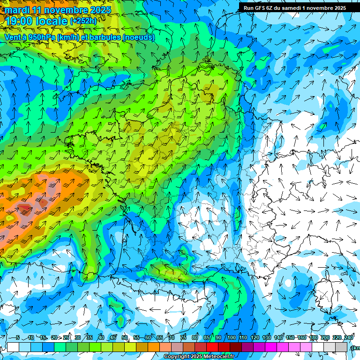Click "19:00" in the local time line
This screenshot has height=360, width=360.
(x=18, y=21)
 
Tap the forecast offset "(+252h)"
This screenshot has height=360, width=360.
(x=83, y=21)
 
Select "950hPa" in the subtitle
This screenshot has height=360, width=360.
(x=41, y=37)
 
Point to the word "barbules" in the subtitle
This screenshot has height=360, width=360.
(x=103, y=37)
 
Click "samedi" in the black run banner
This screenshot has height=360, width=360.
(x=292, y=7)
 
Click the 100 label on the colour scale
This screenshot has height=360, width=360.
(x=232, y=338)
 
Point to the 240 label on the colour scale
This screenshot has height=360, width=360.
(x=349, y=338)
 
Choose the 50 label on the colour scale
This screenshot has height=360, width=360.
(x=125, y=338)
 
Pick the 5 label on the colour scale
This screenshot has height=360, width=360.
(x=18, y=338)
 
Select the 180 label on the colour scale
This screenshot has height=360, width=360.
(x=313, y=338)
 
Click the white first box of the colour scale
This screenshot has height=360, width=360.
(x=13, y=347)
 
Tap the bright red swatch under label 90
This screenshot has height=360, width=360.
(x=212, y=347)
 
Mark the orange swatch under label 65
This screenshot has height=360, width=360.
(x=154, y=347)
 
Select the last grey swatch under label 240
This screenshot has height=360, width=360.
(x=341, y=347)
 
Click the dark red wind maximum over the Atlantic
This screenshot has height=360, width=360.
(x=23, y=208)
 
